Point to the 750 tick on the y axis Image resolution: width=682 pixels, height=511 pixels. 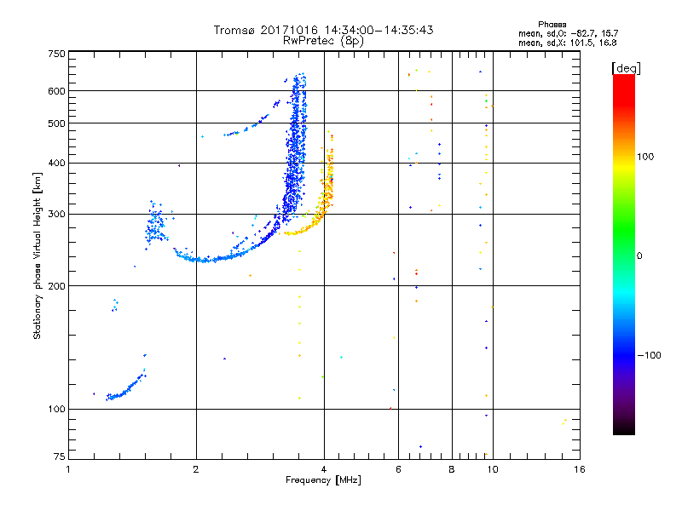point(56,54)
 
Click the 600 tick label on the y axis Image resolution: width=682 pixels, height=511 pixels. point(56,90)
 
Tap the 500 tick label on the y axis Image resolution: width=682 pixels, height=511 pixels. point(56,123)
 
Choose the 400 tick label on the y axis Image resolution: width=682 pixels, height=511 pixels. point(56,163)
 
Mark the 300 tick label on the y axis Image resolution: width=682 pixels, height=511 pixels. point(56,214)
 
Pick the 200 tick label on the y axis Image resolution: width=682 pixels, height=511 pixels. point(56,285)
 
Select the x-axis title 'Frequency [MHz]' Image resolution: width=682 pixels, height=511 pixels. point(323,481)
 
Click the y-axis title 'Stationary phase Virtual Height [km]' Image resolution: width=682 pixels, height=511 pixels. point(38,256)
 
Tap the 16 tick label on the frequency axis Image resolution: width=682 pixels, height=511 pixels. point(578,469)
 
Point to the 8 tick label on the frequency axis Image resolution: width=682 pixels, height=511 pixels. point(452,469)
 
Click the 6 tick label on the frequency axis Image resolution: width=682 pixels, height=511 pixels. point(398,469)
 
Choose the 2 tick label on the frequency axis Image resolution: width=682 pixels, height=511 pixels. point(196,469)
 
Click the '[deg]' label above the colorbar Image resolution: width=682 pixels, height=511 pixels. point(627,67)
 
